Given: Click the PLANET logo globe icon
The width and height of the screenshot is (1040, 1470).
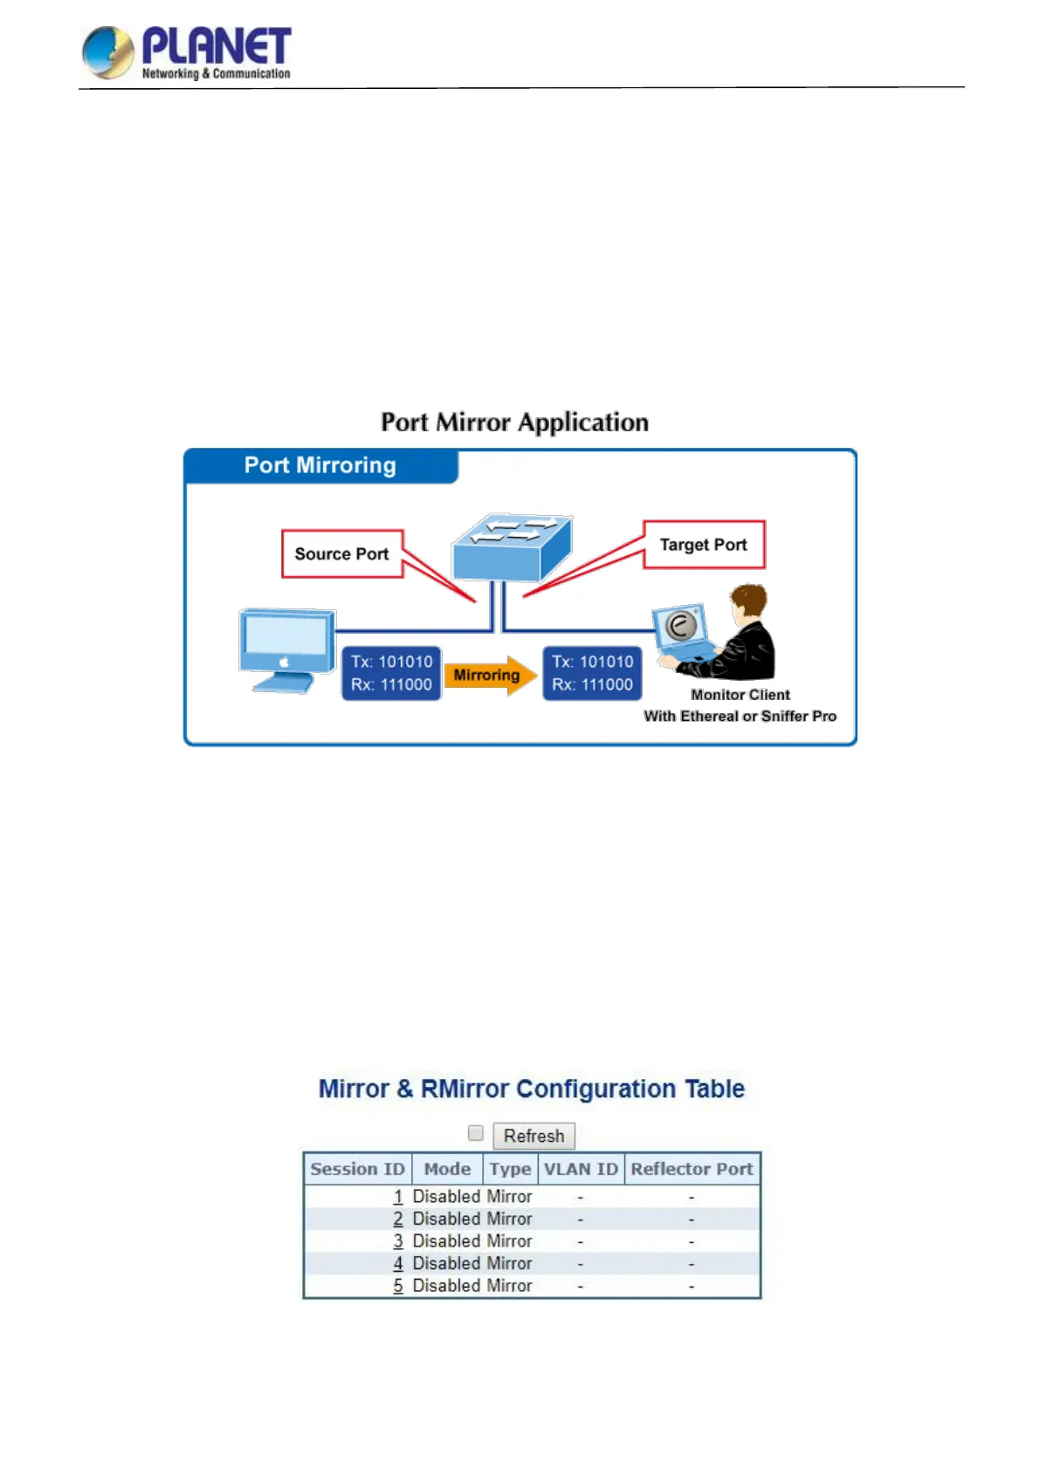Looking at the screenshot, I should click(x=107, y=52).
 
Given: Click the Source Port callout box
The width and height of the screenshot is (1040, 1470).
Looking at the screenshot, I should click(x=341, y=553).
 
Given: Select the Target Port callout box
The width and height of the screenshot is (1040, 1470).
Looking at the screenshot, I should click(x=704, y=545).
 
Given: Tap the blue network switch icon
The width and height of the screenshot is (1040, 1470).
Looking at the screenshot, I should click(x=511, y=547).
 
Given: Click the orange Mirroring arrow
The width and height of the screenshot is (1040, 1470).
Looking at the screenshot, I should click(x=489, y=675).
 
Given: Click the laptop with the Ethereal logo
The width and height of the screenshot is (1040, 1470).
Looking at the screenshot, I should click(x=681, y=629).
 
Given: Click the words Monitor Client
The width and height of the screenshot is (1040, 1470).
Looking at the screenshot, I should click(x=740, y=695).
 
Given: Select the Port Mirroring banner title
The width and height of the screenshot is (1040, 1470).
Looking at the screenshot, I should click(x=320, y=465).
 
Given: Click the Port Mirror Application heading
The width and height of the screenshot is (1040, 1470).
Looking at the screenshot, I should click(x=514, y=422).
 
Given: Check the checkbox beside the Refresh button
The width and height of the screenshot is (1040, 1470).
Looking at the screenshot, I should click(x=476, y=1133).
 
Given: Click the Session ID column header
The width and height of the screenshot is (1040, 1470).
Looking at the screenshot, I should click(x=358, y=1169).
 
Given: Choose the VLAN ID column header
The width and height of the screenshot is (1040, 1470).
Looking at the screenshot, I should click(x=581, y=1169).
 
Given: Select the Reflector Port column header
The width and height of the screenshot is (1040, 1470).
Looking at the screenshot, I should click(x=692, y=1169).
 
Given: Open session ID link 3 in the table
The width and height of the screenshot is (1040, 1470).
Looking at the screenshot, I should click(x=398, y=1241).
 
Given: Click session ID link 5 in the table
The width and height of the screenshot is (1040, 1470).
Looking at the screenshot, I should click(x=398, y=1286).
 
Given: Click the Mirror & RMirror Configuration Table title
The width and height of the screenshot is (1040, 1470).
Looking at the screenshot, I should click(x=531, y=1089).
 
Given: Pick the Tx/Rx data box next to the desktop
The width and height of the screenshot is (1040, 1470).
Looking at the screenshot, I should click(x=391, y=673).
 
